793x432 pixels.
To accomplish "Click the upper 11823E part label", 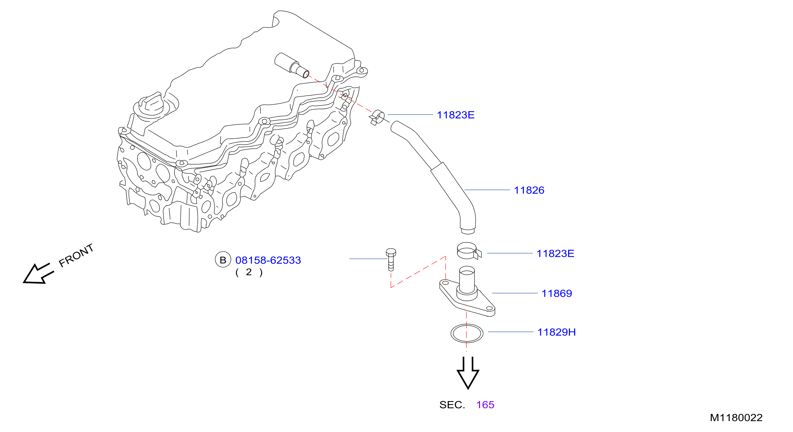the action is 456,115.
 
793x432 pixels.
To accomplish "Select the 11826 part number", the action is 529,190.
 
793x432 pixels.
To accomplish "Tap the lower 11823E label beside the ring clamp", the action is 555,254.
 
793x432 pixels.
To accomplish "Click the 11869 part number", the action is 557,293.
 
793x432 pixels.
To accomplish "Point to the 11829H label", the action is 556,332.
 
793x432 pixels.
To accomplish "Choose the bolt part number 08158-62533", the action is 268,260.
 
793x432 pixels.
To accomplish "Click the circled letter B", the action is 223,260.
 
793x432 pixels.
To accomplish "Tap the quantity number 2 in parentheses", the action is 249,272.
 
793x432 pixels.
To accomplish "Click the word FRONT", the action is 76,255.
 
